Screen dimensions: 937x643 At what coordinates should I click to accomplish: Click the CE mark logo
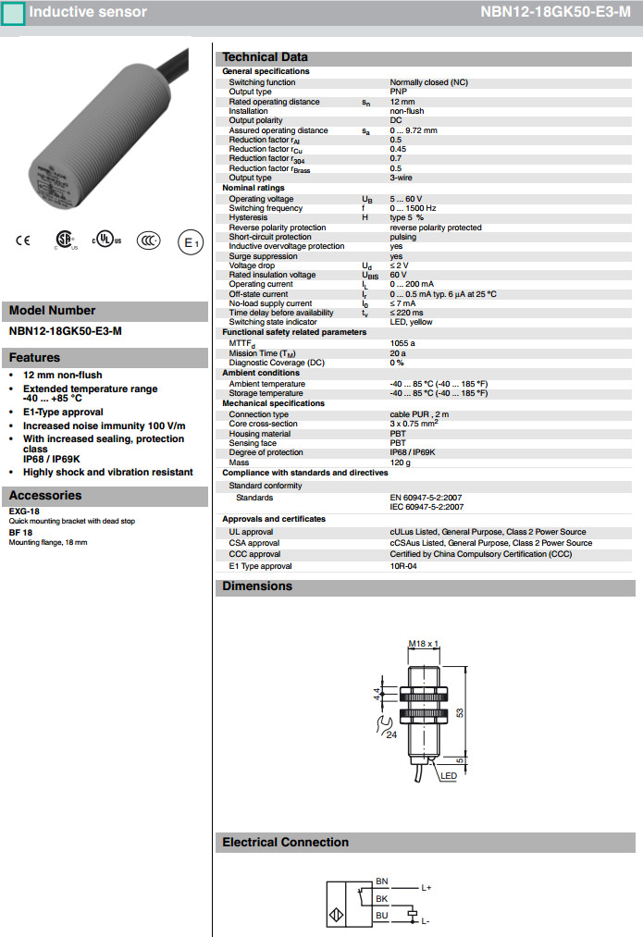click(23, 241)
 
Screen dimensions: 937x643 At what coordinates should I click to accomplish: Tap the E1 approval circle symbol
click(189, 242)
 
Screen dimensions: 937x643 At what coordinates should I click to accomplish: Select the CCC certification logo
click(148, 241)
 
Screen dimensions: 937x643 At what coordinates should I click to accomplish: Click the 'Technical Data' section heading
click(265, 57)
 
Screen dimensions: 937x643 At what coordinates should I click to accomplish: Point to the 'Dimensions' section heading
click(256, 586)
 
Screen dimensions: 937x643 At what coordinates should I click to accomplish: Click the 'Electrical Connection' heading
click(285, 843)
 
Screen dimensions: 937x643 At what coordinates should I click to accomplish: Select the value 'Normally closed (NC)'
click(428, 82)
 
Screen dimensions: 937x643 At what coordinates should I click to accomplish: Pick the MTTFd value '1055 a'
click(402, 343)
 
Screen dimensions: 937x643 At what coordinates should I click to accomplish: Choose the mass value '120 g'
click(400, 462)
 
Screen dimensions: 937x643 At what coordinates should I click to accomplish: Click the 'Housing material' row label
click(260, 434)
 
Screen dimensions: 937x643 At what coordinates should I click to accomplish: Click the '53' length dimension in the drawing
click(460, 712)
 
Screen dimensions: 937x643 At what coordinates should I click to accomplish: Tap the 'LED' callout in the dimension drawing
click(449, 776)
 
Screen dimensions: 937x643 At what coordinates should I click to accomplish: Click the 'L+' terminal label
click(427, 888)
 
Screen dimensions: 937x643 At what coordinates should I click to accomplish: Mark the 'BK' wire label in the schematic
click(382, 898)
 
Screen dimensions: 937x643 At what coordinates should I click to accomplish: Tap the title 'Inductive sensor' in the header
click(88, 13)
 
